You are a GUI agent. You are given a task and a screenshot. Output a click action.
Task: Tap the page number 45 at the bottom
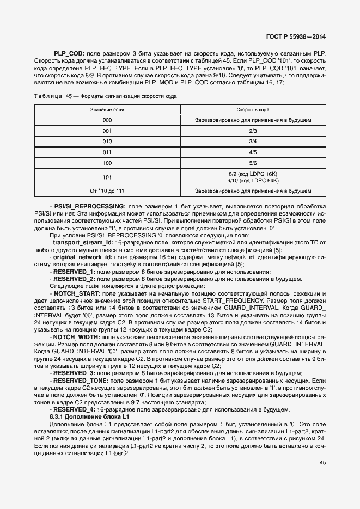point(323,463)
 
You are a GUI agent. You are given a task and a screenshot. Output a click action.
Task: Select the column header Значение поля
point(107,109)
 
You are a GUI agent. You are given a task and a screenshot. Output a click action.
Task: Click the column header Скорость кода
point(253,109)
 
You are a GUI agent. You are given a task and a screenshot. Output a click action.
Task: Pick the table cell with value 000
point(107,119)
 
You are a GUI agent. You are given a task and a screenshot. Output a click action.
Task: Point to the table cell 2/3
point(253,131)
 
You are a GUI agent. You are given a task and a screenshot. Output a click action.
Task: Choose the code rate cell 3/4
point(253,142)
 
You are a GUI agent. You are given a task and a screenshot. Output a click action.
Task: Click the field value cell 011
point(107,152)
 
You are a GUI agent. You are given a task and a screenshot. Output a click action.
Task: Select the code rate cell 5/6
point(253,163)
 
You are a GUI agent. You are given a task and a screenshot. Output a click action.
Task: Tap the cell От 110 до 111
point(107,191)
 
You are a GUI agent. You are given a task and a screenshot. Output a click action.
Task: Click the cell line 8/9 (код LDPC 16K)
point(253,174)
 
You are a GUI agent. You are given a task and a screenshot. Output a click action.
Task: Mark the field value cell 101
point(107,177)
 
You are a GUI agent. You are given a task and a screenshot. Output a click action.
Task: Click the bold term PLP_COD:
point(69,53)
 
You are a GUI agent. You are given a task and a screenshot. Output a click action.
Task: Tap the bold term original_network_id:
point(82,256)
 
